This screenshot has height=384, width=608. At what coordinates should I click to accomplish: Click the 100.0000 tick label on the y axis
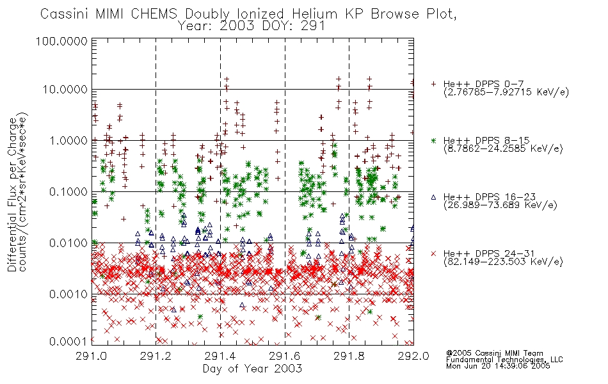point(61,41)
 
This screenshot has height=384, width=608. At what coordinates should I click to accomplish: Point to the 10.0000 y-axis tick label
point(65,90)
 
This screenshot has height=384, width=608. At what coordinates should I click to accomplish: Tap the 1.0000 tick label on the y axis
point(68,140)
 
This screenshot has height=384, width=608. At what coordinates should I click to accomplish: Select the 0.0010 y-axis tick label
point(68,294)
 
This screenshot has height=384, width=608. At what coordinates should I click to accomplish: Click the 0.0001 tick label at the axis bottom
point(68,341)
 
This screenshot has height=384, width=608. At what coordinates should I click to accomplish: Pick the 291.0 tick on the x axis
point(92,356)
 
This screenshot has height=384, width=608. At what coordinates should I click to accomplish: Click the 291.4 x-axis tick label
point(220,356)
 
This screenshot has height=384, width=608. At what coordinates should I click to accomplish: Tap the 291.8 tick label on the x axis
point(349,356)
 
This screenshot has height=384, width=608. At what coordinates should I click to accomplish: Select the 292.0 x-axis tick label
point(413,356)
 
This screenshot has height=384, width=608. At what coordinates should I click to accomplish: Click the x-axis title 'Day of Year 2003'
point(252,369)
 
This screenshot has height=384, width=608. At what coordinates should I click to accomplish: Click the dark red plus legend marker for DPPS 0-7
point(433,84)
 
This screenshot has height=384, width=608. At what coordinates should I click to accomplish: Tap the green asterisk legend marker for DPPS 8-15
point(433,140)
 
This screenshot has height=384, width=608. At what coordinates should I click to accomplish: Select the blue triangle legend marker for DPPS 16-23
point(433,197)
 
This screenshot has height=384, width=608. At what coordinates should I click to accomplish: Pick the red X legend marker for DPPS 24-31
point(433,253)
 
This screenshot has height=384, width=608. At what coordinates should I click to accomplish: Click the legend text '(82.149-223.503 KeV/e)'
point(503,261)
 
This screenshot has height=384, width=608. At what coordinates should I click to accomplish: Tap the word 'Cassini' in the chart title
point(65,14)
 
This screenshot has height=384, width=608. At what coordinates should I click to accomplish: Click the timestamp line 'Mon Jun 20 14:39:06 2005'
point(498,366)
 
